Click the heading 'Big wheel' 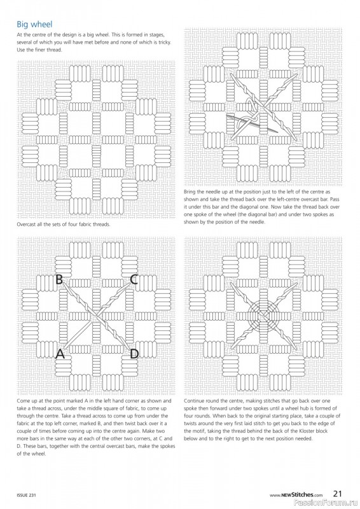(34, 24)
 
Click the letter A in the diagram (60, 353)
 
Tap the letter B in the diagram (59, 279)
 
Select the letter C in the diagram (134, 279)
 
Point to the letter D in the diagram (134, 353)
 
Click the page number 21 (338, 494)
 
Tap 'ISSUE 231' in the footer (26, 495)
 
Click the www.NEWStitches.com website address (296, 495)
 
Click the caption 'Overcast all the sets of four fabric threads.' (64, 224)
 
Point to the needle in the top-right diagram (253, 123)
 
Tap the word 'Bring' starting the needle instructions (190, 192)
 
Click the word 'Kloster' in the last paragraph (309, 431)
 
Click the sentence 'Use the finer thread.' (39, 50)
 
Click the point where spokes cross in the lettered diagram (97, 315)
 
